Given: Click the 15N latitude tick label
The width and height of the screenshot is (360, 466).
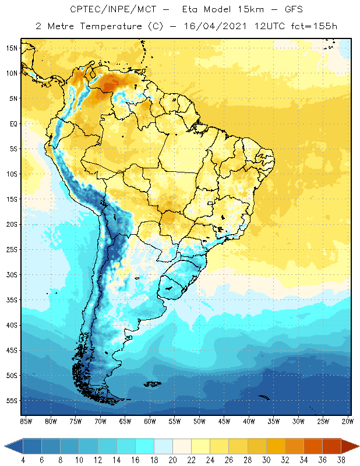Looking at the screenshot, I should [x=12, y=48].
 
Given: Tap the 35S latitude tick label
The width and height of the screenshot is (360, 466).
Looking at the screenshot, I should [x=12, y=299].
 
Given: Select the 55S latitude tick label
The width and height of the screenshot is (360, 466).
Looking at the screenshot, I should [x=12, y=400].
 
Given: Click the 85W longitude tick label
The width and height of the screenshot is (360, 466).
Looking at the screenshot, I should [x=26, y=421].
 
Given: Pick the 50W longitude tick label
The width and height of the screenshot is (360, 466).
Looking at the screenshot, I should [x=200, y=421].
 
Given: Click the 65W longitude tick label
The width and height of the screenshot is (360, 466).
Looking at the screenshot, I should [x=125, y=421].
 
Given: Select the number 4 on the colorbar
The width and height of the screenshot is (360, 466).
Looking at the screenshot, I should [x=23, y=460].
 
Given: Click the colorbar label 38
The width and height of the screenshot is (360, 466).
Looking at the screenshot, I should [x=340, y=460].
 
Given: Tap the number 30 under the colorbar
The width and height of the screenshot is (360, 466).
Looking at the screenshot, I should [x=265, y=460].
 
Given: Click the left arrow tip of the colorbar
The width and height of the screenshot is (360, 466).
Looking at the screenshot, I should [x=5, y=446].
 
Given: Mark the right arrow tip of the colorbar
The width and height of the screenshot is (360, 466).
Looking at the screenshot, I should [x=358, y=446].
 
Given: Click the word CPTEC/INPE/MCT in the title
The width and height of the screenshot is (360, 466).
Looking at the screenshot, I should [x=107, y=10].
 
